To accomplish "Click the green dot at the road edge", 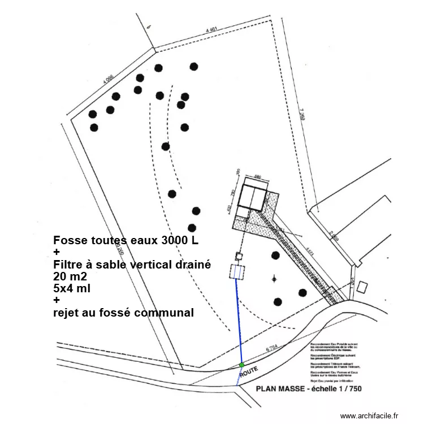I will (242, 365).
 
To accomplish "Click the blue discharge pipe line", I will (239, 322).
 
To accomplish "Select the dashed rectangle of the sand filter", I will (236, 272).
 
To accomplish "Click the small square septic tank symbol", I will (239, 257).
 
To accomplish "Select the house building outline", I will (253, 197).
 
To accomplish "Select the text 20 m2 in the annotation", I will (71, 276).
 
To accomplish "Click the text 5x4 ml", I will (72, 288).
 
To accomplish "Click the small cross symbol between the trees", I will (275, 278).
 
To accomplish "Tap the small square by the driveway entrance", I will (362, 287).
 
